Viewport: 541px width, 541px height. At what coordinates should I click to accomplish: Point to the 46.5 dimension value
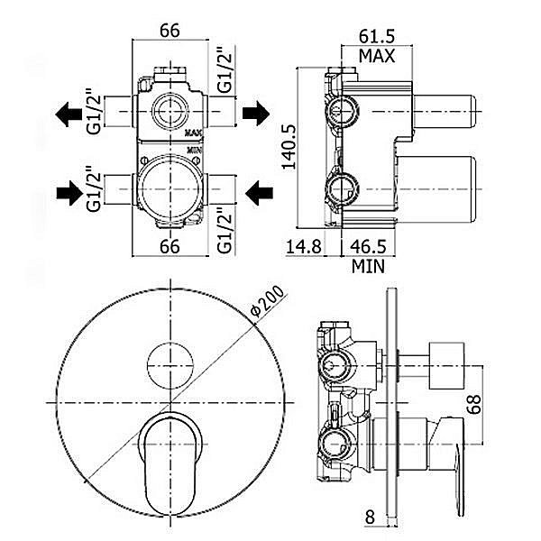(371, 247)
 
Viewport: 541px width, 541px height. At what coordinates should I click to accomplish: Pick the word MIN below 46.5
(370, 266)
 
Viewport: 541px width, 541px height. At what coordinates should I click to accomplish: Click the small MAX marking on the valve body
(194, 133)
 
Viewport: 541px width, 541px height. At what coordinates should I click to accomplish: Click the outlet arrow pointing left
(69, 115)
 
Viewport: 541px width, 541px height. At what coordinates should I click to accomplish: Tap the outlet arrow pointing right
(255, 115)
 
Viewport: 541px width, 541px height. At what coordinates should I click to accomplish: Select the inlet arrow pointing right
(69, 191)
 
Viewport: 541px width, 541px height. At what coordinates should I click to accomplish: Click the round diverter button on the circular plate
(170, 363)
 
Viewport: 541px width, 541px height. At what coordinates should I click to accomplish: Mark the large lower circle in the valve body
(169, 184)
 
